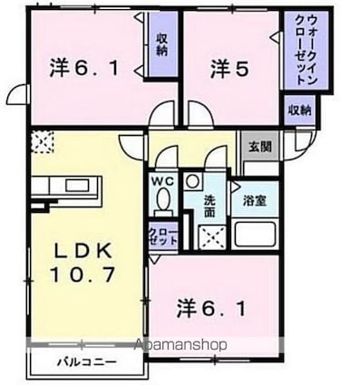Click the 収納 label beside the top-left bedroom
click(x=161, y=45)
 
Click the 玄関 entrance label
click(x=258, y=142)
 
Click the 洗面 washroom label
click(x=208, y=206)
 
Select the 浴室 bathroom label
click(x=256, y=200)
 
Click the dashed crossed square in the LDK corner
click(x=42, y=141)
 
